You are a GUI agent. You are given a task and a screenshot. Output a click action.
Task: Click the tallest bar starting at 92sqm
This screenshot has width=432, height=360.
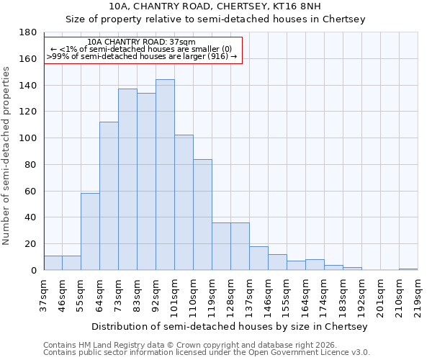165,175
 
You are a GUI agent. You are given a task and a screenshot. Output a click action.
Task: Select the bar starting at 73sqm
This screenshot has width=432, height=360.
127,179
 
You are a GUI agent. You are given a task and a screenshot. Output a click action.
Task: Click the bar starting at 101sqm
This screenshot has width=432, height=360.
184,202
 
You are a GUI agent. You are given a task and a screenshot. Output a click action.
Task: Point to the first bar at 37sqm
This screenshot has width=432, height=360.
53,263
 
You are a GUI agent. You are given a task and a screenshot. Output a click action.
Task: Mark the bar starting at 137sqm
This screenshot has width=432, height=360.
258,258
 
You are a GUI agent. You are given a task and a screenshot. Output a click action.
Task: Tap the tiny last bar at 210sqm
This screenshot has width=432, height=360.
408,269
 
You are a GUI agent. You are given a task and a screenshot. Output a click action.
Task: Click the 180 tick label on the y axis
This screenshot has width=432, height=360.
29,32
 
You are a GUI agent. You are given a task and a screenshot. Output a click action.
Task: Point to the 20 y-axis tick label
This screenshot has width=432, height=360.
31,244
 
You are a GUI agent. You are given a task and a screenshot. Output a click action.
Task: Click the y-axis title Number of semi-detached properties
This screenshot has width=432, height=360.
7,156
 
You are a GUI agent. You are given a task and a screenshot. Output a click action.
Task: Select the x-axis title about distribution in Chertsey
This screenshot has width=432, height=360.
230,327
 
